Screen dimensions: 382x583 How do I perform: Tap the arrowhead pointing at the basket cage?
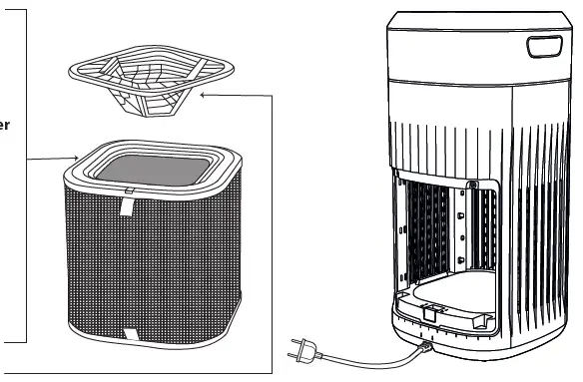click(205, 95)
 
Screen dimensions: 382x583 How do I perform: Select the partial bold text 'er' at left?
click(7, 125)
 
